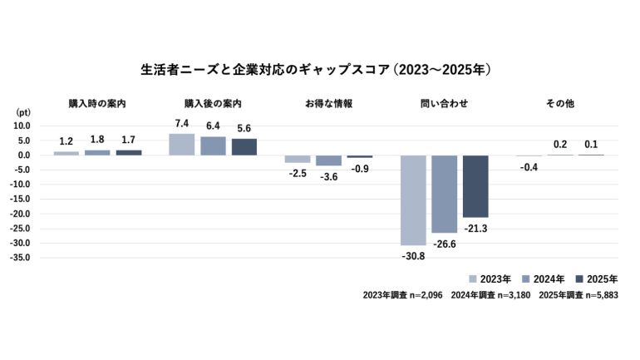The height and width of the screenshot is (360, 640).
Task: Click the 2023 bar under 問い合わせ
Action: tap(413, 200)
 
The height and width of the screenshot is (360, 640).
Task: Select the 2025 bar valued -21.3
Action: tap(475, 185)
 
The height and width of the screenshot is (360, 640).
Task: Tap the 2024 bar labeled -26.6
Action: tap(445, 194)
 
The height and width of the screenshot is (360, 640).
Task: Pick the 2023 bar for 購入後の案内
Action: tap(181, 144)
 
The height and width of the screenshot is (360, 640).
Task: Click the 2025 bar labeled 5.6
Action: tap(244, 146)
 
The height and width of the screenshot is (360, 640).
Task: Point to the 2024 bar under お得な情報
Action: tap(328, 160)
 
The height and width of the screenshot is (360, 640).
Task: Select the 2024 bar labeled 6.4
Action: tap(213, 145)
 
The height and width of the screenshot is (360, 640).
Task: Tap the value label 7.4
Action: tap(181, 123)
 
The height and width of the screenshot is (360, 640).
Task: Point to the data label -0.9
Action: tap(360, 169)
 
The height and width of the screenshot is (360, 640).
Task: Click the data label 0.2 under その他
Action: tap(560, 144)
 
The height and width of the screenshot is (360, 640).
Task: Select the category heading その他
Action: tap(560, 104)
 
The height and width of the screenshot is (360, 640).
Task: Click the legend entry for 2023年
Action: tap(494, 279)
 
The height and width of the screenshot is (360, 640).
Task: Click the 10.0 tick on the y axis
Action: tap(22, 126)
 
